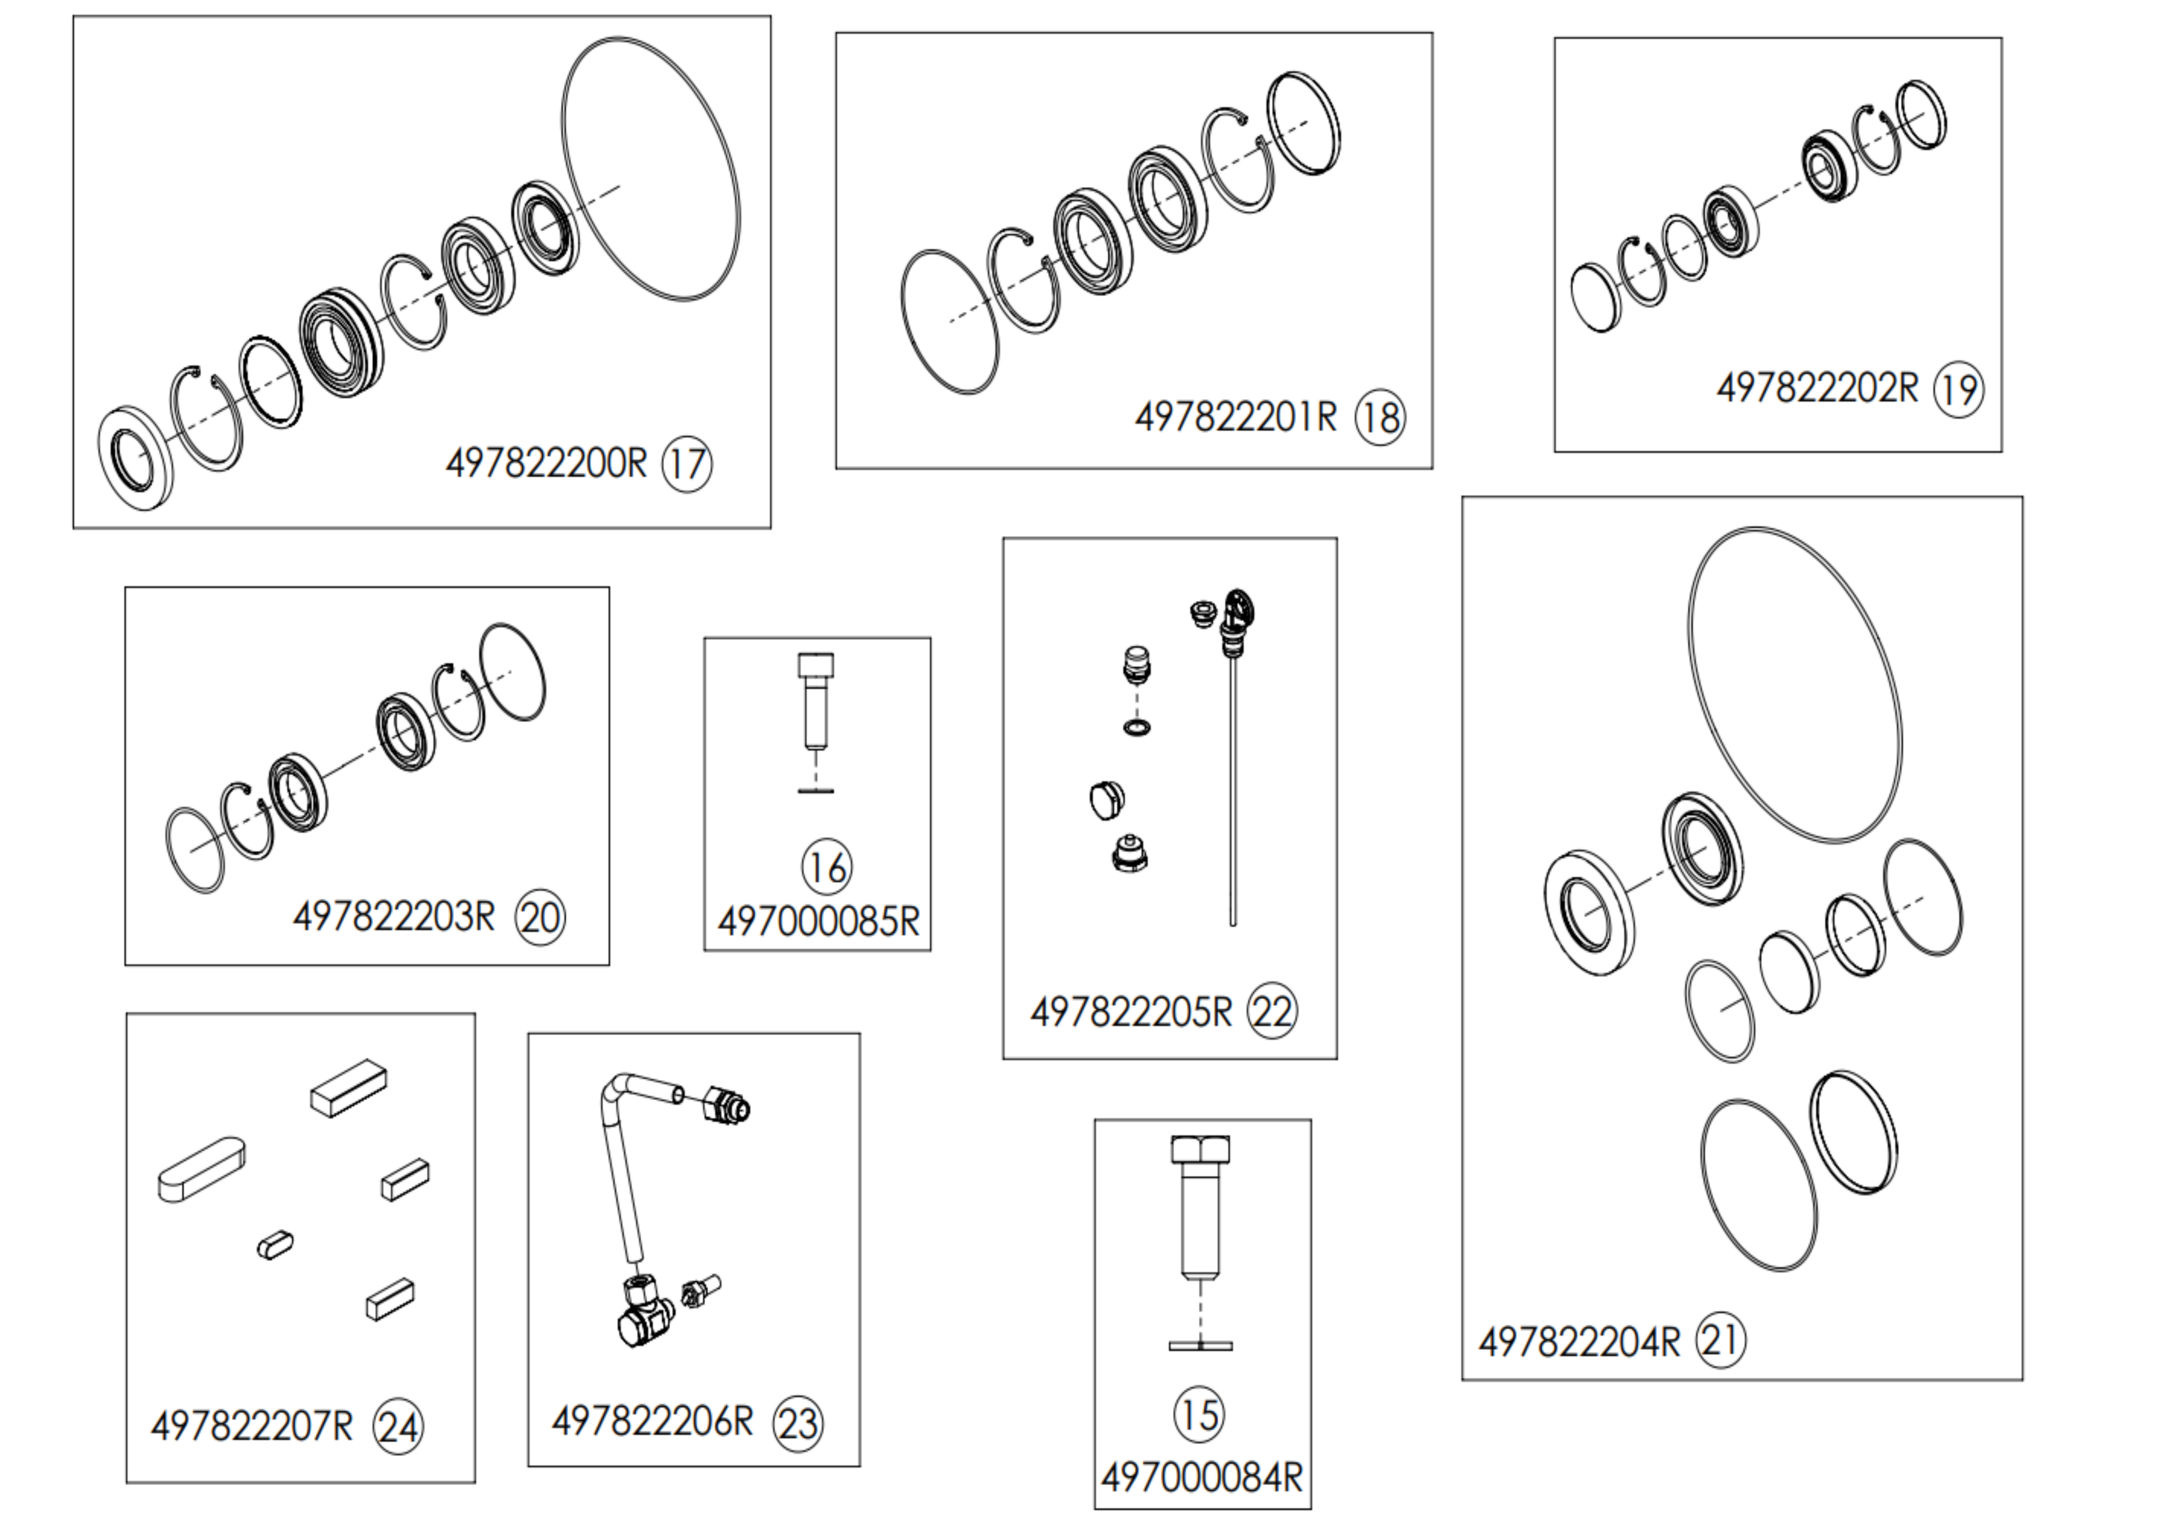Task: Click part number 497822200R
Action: coord(547,464)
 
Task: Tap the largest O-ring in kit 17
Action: coord(651,170)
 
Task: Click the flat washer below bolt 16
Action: coord(816,790)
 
